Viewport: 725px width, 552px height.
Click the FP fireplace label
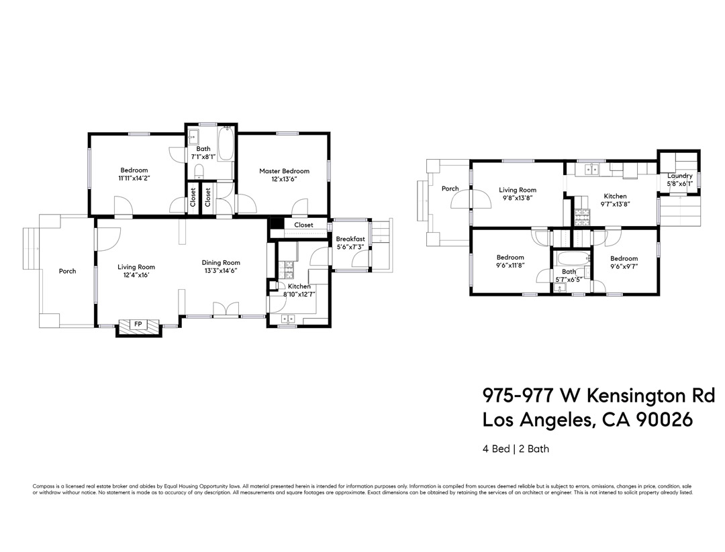(138, 325)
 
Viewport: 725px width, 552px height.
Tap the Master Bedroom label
(284, 171)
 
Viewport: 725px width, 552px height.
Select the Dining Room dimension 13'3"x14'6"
(222, 271)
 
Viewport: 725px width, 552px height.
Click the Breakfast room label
(350, 239)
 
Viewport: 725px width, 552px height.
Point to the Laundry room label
(679, 176)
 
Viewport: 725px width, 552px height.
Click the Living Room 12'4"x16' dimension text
(136, 275)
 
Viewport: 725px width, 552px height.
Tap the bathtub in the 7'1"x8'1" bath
(225, 142)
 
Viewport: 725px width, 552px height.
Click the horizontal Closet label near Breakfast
(303, 225)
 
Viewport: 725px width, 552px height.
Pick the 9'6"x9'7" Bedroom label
(624, 258)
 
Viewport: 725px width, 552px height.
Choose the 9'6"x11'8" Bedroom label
(510, 258)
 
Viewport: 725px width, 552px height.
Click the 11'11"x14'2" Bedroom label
(134, 170)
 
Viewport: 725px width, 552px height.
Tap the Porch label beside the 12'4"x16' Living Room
(67, 271)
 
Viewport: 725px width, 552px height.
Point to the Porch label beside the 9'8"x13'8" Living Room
(450, 188)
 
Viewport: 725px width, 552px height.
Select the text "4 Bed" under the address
(496, 449)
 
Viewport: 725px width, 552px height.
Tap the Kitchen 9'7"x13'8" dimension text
(615, 205)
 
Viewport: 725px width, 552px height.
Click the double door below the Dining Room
(226, 309)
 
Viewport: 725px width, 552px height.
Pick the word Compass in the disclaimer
(43, 486)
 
